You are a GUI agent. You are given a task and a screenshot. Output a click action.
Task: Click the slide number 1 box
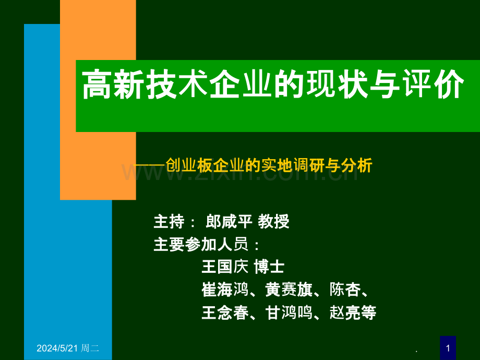(x=448, y=348)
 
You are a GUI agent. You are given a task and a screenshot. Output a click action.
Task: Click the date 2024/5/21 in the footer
(x=57, y=348)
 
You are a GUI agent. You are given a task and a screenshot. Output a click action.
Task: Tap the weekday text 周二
(x=90, y=348)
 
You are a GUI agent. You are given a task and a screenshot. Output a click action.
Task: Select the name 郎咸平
(x=229, y=221)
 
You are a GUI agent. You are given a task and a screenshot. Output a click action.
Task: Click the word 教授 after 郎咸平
(x=273, y=221)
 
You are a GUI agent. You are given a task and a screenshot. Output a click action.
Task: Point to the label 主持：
(x=175, y=221)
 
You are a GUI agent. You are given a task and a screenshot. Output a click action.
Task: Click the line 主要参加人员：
(x=207, y=244)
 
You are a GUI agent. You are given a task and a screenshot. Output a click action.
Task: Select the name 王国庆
(x=225, y=266)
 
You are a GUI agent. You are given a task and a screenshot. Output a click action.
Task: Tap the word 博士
(x=269, y=266)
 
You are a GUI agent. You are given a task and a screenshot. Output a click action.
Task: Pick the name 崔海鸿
(x=225, y=289)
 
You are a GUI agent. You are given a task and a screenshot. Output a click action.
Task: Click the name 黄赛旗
(x=289, y=289)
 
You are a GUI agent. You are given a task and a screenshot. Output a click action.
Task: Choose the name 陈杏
(x=345, y=289)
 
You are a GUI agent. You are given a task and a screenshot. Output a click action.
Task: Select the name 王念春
(x=225, y=313)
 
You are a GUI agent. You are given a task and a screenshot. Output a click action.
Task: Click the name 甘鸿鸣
(x=289, y=313)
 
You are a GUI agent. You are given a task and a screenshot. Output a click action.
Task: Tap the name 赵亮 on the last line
(x=345, y=313)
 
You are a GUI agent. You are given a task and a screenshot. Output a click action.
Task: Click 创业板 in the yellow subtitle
(x=188, y=165)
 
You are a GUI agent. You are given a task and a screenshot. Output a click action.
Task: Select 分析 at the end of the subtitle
(x=357, y=165)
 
